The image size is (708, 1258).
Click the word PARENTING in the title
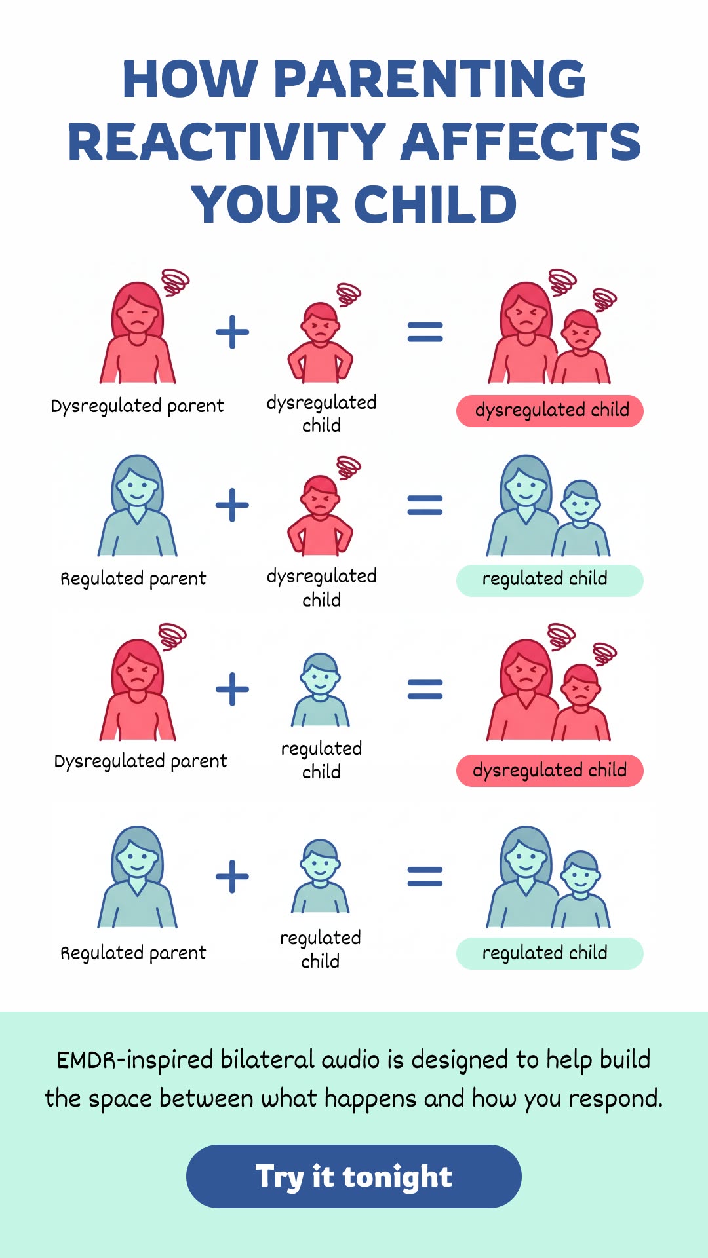coord(429,79)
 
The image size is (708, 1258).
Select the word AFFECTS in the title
coord(521,142)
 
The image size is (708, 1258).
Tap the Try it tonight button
coord(354,1176)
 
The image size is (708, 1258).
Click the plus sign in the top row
coord(233,332)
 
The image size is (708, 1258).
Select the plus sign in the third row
coord(233,689)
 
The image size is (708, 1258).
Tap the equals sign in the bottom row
coord(425,877)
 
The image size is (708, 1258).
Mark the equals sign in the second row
coord(425,505)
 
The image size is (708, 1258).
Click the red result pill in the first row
coord(550,411)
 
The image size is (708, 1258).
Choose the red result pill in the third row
coord(550,771)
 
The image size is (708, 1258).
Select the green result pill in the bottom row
coord(550,953)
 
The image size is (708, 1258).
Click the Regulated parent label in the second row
coord(133,579)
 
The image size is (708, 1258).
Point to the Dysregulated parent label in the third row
coord(141,761)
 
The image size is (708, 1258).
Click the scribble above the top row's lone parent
coord(175,282)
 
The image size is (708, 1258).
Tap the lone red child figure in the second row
coord(320,515)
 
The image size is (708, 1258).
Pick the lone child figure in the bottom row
coord(321,876)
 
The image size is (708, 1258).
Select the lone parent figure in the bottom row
coord(138,877)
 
